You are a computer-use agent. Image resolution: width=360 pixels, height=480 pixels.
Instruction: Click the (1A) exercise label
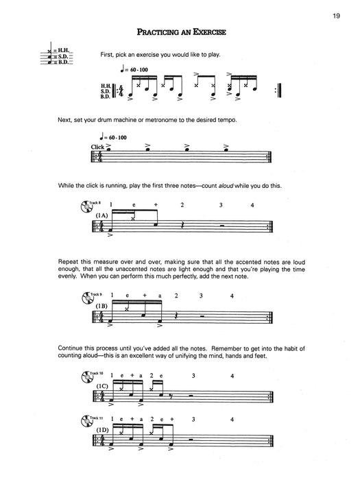103,216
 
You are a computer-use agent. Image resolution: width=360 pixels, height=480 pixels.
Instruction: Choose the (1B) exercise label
103,306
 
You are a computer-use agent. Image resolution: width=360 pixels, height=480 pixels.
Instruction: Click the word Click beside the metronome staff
99,147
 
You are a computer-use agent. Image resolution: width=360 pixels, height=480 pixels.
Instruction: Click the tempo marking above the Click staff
111,137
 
